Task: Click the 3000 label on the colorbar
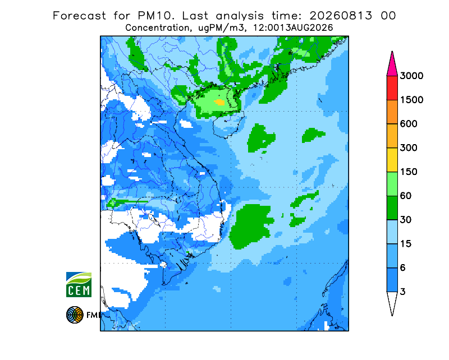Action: coord(411,76)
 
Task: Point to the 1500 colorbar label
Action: coord(411,100)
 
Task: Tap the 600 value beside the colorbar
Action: coord(409,124)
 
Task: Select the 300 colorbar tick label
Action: coord(409,148)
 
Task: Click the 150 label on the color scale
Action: coord(409,172)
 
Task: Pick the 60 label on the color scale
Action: coord(405,196)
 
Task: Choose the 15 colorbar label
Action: coord(405,244)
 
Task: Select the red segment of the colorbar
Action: coord(392,88)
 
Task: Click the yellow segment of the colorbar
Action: coord(392,160)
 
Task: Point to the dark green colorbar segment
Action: coord(392,208)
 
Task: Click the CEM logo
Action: coord(79,284)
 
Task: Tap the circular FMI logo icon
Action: coord(75,315)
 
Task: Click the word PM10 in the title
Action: coord(155,16)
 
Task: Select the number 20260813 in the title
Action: coord(341,16)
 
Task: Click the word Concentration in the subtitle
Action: coord(157,28)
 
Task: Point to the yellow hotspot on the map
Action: coord(219,102)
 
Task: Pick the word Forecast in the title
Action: coord(79,16)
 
